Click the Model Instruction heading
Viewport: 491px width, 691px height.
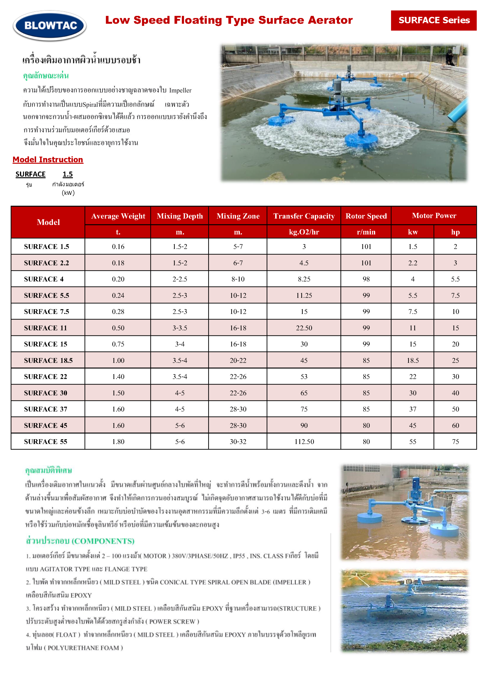(x=48, y=160)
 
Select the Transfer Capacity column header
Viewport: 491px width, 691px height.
(x=304, y=216)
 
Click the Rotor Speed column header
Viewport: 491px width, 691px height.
(x=366, y=216)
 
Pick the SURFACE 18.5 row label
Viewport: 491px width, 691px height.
(x=48, y=360)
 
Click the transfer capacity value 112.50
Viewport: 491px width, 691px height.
(x=304, y=442)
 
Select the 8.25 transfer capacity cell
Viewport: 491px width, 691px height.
(x=304, y=279)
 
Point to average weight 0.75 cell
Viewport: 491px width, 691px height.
(x=118, y=344)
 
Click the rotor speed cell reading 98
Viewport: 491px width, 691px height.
(x=366, y=279)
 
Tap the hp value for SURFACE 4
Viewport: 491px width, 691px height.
(x=455, y=279)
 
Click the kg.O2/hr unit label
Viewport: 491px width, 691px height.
(x=304, y=232)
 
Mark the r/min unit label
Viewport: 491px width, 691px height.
(x=366, y=232)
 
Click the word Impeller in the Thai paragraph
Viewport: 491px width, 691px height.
(x=180, y=90)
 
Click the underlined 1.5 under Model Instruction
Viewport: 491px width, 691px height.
(x=68, y=174)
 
